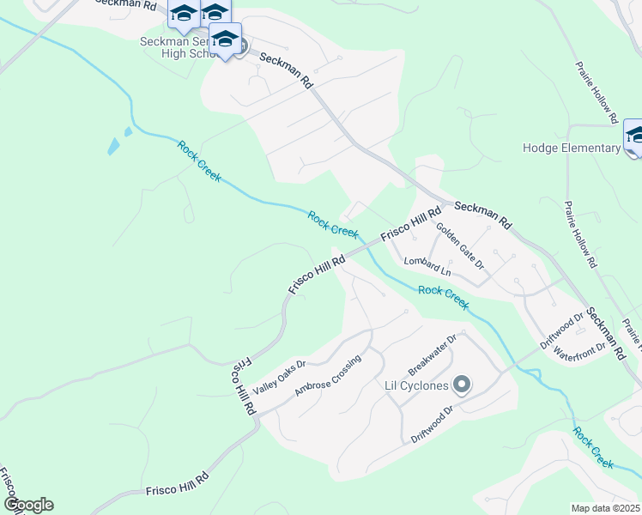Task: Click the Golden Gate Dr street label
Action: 460,246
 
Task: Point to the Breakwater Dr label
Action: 433,354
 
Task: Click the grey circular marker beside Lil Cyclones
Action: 462,385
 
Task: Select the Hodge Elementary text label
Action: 571,148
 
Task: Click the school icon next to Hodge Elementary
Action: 634,136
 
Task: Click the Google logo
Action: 28,505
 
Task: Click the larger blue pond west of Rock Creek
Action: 113,147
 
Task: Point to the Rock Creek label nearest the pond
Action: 199,161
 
